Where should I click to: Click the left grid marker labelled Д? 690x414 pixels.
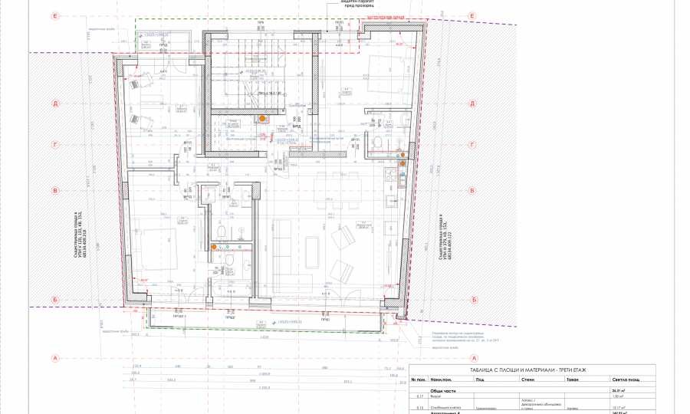[x=55, y=103]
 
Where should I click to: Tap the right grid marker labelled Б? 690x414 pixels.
[x=474, y=300]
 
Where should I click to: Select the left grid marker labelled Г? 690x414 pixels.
[x=55, y=143]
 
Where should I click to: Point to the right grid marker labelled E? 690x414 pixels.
[x=474, y=16]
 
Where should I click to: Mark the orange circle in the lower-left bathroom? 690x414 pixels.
[x=214, y=247]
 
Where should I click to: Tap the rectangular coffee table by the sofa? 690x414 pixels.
[x=313, y=249]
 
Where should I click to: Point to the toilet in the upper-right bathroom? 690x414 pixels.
[x=377, y=143]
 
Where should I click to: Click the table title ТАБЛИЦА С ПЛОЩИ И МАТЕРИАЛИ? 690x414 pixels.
[x=534, y=370]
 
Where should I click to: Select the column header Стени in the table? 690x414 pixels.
[x=528, y=379]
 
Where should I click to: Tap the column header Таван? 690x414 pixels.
[x=572, y=379]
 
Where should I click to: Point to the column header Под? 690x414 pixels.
[x=478, y=379]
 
